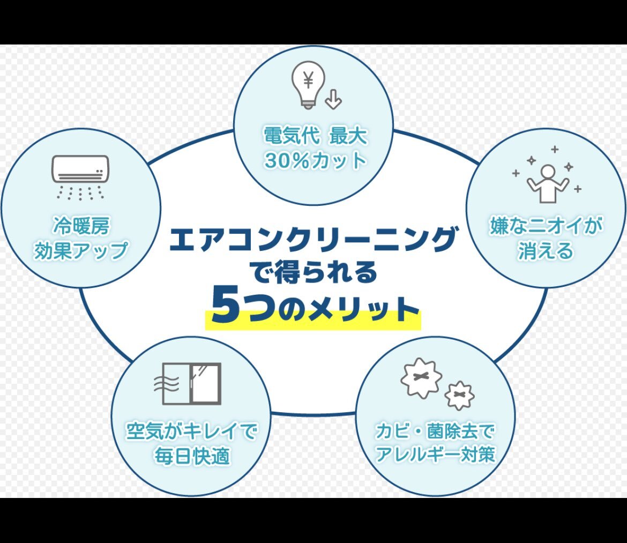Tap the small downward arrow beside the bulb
333,99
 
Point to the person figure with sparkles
547,175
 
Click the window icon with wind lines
187,384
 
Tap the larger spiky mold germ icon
421,378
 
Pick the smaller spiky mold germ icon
459,396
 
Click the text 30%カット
315,161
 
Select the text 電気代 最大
315,136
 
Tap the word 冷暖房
81,226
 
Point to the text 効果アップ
81,250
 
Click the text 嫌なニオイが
546,226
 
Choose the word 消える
546,251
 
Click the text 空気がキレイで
191,430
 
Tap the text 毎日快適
192,456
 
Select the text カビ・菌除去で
435,430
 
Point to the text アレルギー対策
435,454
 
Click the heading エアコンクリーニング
313,240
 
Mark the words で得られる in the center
313,272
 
